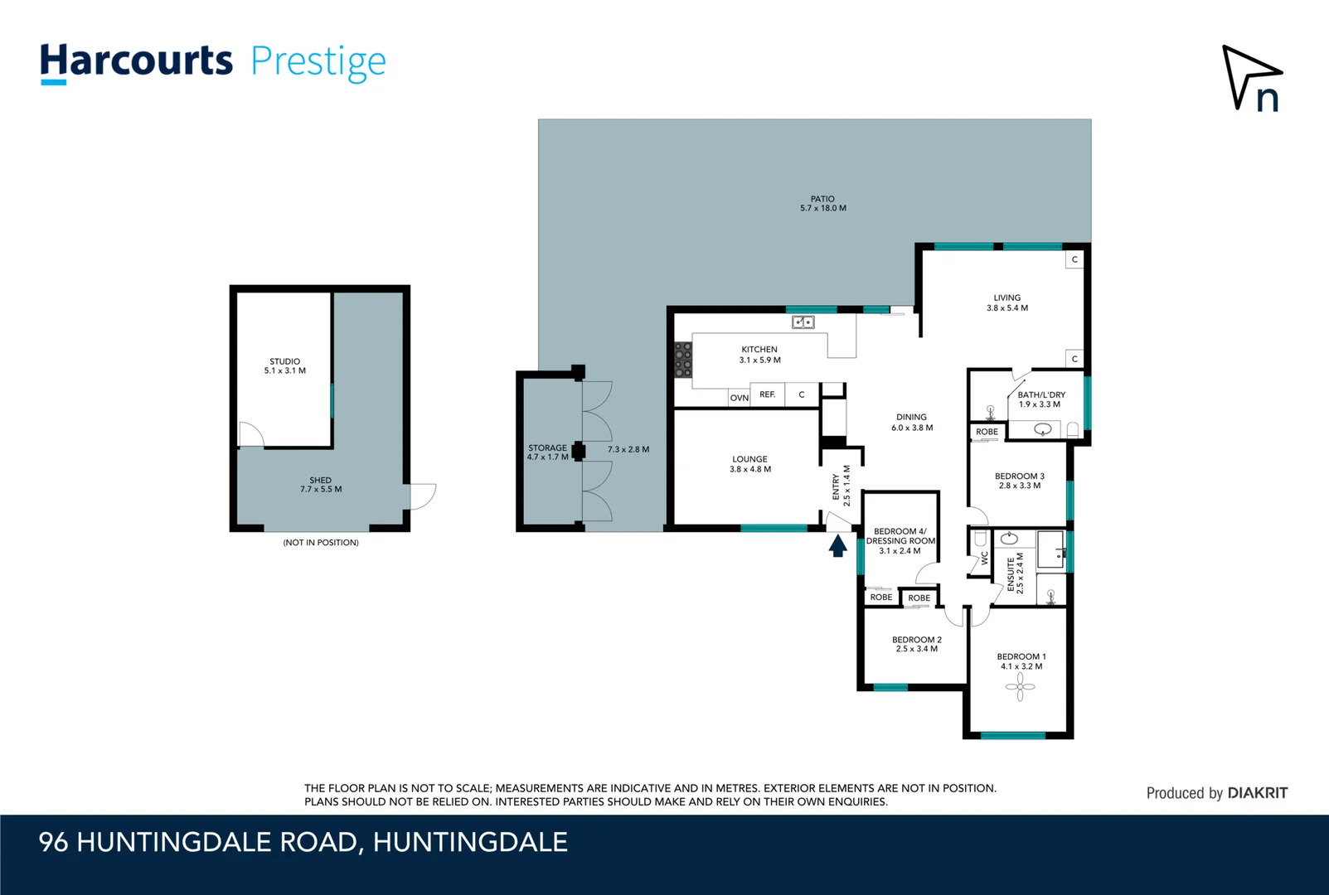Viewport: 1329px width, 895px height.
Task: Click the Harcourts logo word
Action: [x=137, y=61]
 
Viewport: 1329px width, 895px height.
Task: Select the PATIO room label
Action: [x=822, y=199]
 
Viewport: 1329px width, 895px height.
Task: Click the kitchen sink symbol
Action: [x=803, y=322]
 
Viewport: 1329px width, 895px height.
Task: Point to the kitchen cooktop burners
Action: [x=683, y=360]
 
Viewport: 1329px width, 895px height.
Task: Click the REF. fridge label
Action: [x=768, y=394]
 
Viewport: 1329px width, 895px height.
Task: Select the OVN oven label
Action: [x=739, y=398]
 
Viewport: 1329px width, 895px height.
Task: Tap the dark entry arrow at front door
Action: [x=837, y=545]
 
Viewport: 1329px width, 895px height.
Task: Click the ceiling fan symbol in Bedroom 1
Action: [x=1020, y=686]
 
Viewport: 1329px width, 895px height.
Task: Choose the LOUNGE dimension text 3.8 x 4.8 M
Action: [x=749, y=470]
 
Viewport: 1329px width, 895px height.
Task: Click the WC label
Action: [x=985, y=558]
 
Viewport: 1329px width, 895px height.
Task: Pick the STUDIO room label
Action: [x=284, y=361]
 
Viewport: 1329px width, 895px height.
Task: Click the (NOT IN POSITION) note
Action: [x=321, y=543]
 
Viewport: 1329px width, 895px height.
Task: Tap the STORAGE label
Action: [x=547, y=447]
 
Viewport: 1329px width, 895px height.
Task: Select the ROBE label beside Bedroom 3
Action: [x=987, y=432]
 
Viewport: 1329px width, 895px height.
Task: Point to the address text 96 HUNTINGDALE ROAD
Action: [x=199, y=842]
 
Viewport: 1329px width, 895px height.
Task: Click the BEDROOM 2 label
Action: [x=916, y=640]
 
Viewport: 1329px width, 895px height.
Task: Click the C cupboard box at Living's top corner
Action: [x=1074, y=259]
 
